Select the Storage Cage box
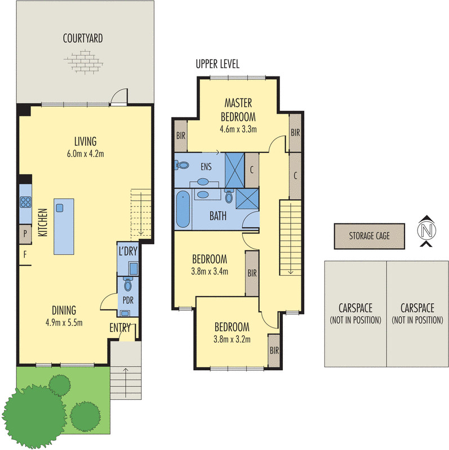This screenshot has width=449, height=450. [x=369, y=236]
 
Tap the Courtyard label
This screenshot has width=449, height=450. [x=82, y=39]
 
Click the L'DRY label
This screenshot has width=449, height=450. [x=127, y=251]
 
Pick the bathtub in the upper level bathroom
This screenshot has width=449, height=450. [x=183, y=210]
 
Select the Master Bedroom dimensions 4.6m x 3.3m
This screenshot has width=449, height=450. [x=238, y=129]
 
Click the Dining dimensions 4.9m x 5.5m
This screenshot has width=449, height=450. [x=64, y=322]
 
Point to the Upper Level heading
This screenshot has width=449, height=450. [x=217, y=64]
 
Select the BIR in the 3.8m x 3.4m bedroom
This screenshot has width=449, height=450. [x=252, y=273]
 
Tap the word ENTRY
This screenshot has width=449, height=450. [x=120, y=327]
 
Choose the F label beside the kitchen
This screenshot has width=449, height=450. [x=25, y=254]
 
